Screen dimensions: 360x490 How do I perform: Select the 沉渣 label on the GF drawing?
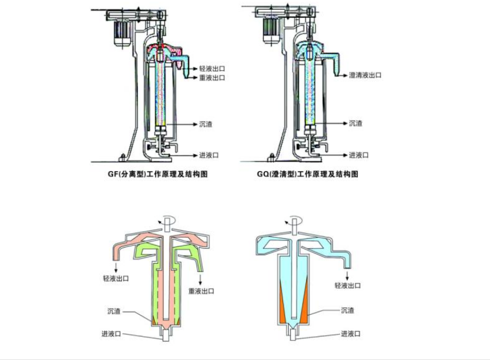[x=206, y=124]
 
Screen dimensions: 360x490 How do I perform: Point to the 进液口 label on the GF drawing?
[x=209, y=155]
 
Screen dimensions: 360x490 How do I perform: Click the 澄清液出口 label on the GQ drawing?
[x=365, y=75]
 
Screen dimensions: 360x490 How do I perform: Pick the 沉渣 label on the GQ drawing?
[x=356, y=123]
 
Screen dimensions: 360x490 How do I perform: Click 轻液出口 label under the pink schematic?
[x=116, y=279]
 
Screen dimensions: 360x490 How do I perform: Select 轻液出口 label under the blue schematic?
[x=348, y=286]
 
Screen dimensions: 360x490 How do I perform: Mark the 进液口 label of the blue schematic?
[x=351, y=334]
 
